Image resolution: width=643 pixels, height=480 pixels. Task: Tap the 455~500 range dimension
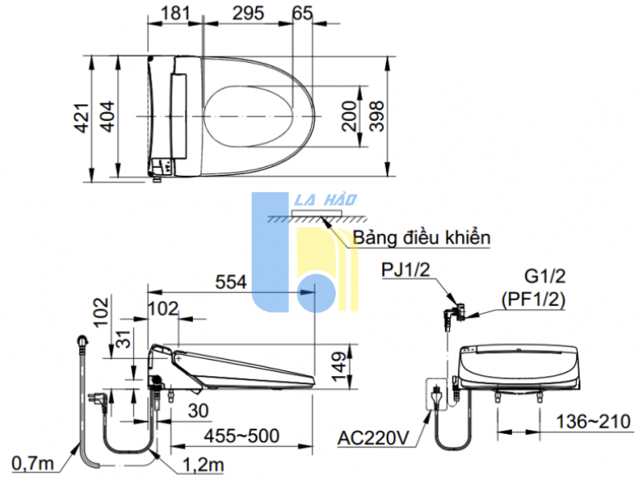point(242,435)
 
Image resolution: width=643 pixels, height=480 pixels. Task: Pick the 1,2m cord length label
point(204,464)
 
